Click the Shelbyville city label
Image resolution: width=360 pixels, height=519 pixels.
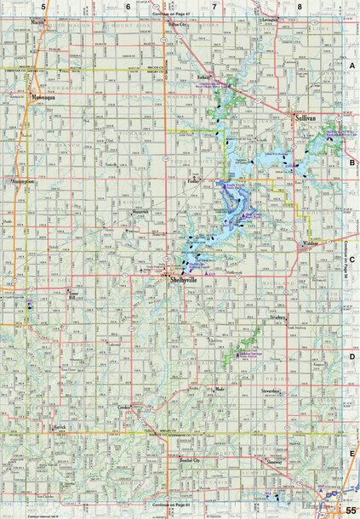(182, 279)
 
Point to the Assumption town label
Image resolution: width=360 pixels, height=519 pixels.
(22, 181)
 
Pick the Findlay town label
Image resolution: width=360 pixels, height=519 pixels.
(195, 181)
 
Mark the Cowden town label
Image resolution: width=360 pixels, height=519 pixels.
(123, 408)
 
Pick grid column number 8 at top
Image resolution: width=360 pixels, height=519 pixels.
(300, 6)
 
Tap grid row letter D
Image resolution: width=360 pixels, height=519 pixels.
(352, 357)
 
